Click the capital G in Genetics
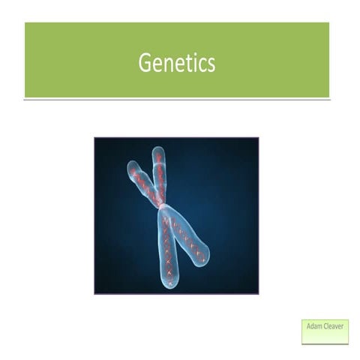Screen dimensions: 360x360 (145, 63)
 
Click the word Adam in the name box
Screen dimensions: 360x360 (314, 325)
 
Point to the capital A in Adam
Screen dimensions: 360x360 (308, 325)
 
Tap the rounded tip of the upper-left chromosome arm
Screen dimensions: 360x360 (133, 166)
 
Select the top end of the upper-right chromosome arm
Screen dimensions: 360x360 (158, 151)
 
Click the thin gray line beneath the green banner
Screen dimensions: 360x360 (177, 99)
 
